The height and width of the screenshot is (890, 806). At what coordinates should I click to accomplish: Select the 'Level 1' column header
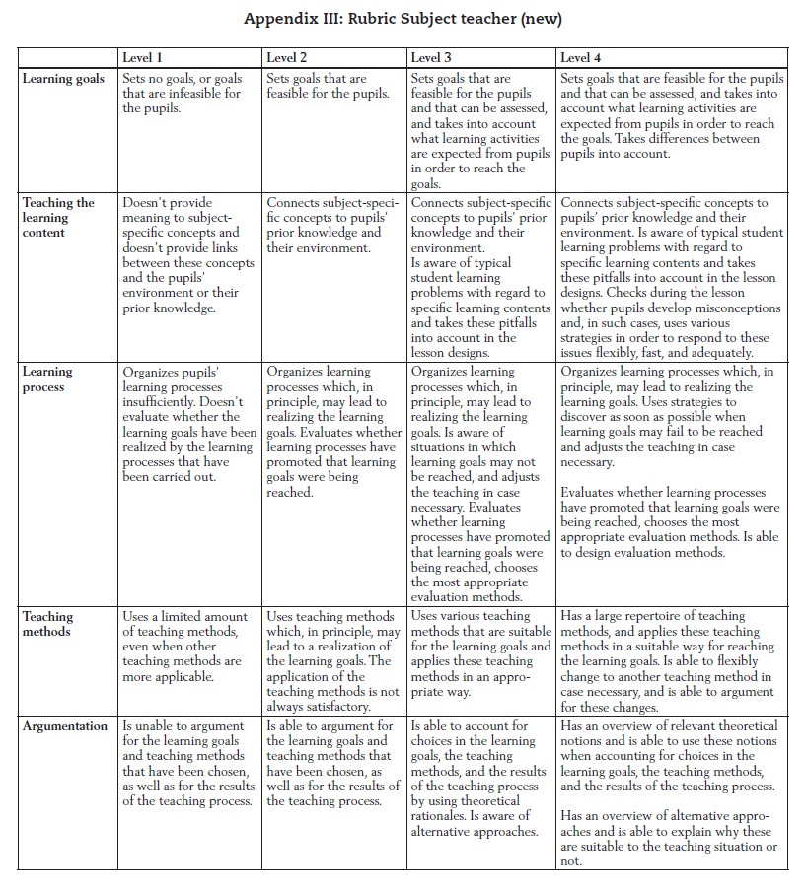(x=142, y=58)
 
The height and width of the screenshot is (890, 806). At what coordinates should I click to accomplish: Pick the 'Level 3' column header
(x=431, y=58)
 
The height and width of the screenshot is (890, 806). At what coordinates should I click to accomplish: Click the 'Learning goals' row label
(x=63, y=79)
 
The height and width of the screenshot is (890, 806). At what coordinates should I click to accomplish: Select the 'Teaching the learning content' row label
(x=59, y=217)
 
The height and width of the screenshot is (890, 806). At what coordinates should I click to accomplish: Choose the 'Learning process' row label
(x=48, y=379)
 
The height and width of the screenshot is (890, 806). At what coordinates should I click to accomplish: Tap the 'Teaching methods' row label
(x=49, y=624)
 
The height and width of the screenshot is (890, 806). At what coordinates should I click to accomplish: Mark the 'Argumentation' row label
(x=65, y=726)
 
